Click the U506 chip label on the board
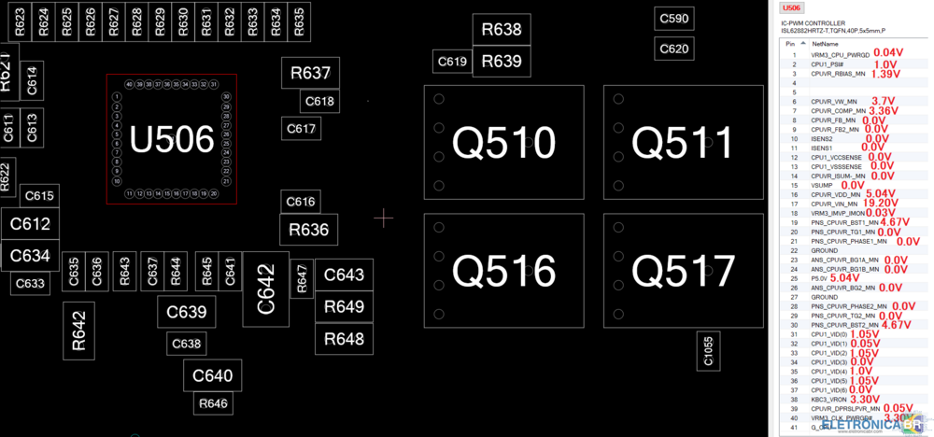172,140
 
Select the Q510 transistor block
503,143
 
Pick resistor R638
501,30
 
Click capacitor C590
673,19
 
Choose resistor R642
78,330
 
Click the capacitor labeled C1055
707,350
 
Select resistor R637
310,73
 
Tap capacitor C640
212,376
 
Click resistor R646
213,404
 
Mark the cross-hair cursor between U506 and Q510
384,218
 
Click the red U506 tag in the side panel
793,7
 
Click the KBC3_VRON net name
828,399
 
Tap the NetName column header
825,44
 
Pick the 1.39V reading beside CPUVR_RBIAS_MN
884,73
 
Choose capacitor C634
30,255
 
